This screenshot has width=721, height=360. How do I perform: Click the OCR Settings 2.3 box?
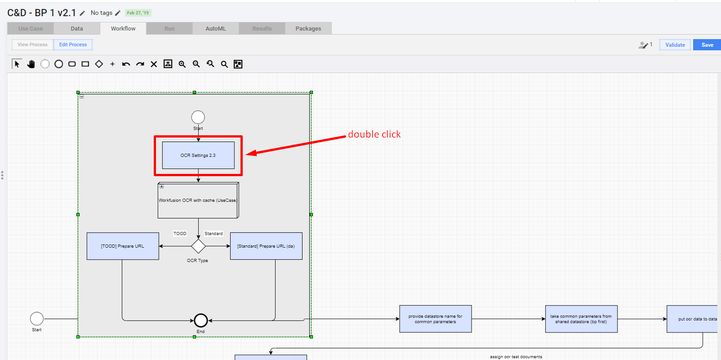[198, 155]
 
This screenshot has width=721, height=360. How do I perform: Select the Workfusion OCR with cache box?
[198, 200]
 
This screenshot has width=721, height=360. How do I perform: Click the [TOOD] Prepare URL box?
[123, 246]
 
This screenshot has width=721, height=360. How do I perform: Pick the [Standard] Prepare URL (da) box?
[266, 246]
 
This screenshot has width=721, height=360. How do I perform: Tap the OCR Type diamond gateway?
[198, 246]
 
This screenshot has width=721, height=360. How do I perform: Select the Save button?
[707, 44]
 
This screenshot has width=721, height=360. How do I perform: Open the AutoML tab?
[216, 28]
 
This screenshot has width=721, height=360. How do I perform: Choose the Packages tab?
[308, 28]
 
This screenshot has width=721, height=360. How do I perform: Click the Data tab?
[76, 28]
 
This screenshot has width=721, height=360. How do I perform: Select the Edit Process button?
[73, 44]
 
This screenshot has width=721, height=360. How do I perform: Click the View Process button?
[32, 44]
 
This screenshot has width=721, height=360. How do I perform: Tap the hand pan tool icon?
[31, 64]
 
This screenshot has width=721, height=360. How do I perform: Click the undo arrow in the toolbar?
[126, 64]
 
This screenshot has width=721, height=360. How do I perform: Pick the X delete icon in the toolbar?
[154, 64]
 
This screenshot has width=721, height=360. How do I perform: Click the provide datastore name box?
[436, 319]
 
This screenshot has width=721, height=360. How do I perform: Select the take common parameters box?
[581, 319]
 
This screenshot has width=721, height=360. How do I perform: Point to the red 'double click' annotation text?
[374, 134]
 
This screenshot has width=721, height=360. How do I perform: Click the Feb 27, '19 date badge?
[138, 13]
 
